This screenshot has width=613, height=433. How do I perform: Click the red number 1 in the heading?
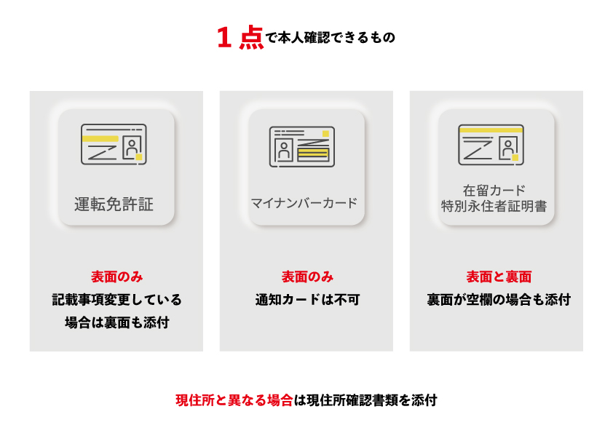224,38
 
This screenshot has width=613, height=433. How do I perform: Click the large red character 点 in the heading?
251,38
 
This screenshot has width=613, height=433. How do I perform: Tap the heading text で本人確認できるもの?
331,38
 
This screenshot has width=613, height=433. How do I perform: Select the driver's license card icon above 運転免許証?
114,144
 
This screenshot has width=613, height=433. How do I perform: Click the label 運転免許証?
114,204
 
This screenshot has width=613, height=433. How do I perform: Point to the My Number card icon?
302,146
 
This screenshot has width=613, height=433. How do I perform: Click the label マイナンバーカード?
304,203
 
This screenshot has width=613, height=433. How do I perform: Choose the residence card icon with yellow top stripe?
491,145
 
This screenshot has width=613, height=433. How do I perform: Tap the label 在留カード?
494,191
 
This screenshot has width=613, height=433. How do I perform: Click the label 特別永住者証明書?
494,206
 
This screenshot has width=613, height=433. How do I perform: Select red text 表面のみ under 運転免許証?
117,277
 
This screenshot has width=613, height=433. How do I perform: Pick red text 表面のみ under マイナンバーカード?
307,277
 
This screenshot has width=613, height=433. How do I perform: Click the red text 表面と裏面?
499,277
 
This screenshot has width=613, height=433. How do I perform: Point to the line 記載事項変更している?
117,300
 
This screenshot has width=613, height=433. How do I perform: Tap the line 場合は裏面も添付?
117,323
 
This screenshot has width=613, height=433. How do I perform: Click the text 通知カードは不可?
307,300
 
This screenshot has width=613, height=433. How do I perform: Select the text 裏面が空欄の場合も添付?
499,300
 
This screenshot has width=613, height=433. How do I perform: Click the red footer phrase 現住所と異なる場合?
234,400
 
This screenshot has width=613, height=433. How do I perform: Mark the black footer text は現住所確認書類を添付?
365,400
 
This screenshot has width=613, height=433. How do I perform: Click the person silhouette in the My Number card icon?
284,150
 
